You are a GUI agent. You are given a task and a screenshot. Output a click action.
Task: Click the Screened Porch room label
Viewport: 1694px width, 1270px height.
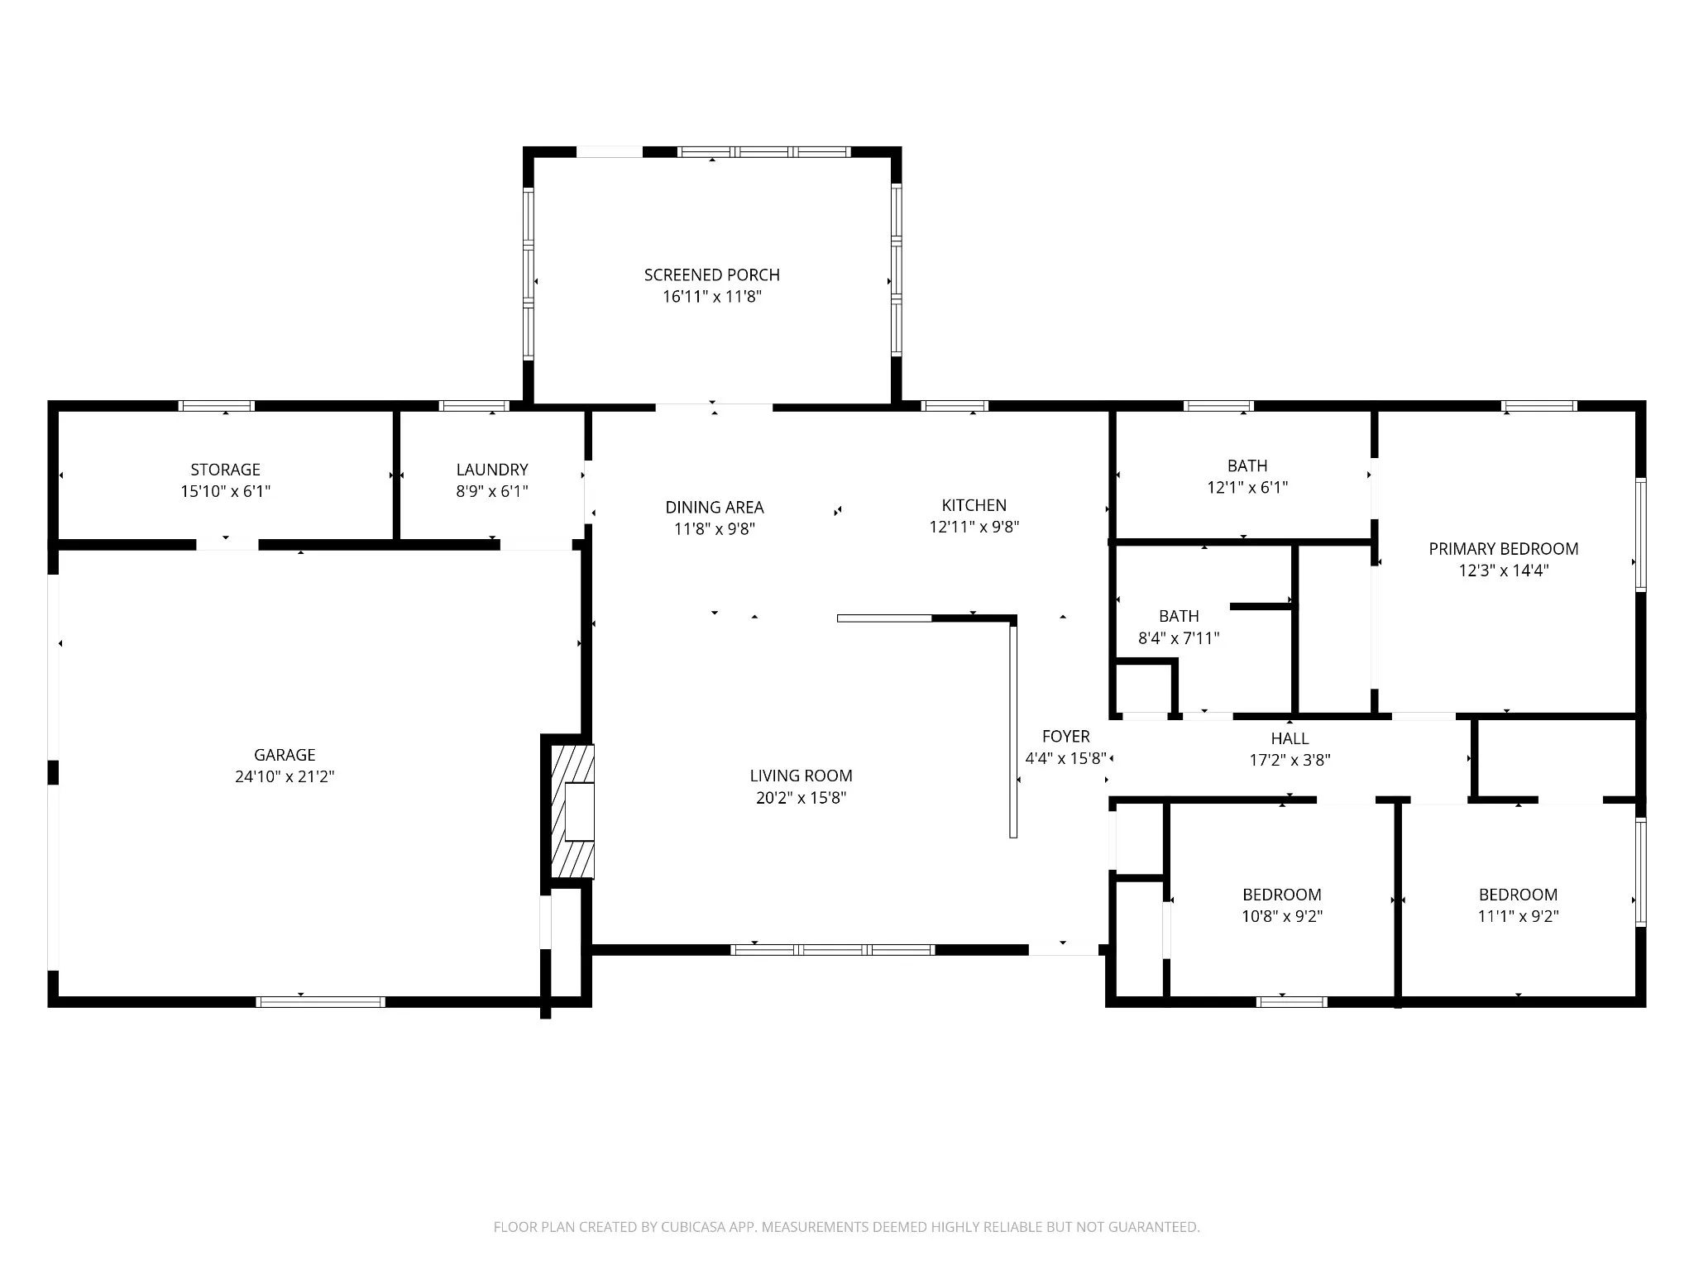(711, 275)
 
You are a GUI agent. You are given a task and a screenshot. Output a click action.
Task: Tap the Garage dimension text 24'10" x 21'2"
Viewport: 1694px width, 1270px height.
(285, 776)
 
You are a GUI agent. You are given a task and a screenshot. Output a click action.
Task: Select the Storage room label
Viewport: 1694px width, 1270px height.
(225, 470)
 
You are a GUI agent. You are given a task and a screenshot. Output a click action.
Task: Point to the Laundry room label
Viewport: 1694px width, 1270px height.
(492, 470)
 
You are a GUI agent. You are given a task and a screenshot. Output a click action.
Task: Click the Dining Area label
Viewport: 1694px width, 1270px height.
(715, 507)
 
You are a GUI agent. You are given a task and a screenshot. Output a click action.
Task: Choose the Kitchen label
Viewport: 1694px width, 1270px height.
(974, 505)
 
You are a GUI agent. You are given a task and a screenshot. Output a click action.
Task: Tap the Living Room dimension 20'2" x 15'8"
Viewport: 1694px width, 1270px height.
(801, 798)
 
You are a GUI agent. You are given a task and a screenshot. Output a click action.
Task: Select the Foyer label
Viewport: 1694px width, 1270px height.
(1065, 736)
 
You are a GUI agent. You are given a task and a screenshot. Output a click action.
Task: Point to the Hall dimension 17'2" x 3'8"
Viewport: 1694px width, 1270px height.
(1290, 760)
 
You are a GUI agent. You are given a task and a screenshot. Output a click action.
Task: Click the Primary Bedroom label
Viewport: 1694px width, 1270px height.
(1504, 549)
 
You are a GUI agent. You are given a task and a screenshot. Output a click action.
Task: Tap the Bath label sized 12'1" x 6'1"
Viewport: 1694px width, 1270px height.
(1247, 466)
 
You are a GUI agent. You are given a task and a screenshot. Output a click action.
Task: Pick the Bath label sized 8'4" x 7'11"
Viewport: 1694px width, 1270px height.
(1179, 616)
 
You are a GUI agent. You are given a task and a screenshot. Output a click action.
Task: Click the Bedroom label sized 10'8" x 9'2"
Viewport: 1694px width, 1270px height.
(1282, 895)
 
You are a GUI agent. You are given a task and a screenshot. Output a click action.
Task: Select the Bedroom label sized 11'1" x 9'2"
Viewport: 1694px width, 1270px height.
(1518, 895)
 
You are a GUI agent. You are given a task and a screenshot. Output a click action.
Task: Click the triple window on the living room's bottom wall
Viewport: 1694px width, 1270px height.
(833, 950)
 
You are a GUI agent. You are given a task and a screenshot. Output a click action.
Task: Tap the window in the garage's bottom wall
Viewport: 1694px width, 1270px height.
(321, 1001)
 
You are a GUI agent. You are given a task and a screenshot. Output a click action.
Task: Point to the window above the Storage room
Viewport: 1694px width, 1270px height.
(217, 406)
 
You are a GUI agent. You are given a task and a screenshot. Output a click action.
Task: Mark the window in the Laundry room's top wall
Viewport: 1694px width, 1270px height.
(474, 406)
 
